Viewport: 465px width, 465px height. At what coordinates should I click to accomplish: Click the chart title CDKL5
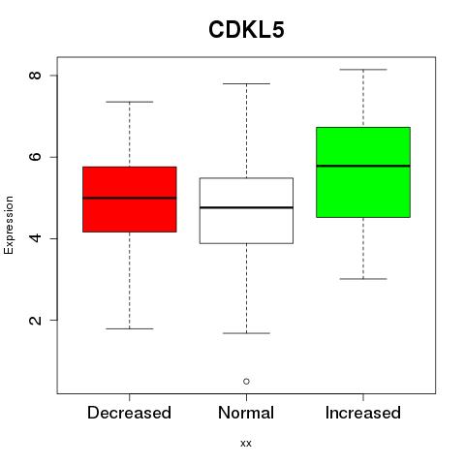[x=246, y=30]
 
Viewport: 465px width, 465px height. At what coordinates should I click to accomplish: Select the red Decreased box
[x=130, y=200]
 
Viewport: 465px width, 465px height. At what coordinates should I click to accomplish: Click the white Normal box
[x=246, y=210]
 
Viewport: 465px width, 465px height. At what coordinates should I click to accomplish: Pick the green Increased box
[x=363, y=172]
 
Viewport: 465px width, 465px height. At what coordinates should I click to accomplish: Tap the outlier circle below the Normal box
[x=246, y=382]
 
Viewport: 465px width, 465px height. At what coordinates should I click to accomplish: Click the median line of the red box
[x=130, y=198]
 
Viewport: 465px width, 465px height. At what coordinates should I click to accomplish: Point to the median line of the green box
[x=363, y=166]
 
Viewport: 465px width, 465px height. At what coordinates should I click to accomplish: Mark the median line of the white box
[x=246, y=207]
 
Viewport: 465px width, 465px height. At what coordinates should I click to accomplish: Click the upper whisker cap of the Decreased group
[x=130, y=102]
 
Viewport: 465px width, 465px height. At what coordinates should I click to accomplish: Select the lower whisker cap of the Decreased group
[x=130, y=328]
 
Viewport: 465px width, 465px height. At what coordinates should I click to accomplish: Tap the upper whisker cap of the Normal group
[x=246, y=83]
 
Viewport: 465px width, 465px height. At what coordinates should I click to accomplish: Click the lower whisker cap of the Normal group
[x=246, y=333]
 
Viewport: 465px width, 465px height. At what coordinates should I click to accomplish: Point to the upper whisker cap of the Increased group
[x=363, y=70]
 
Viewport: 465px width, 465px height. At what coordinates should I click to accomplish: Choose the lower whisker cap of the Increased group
[x=363, y=279]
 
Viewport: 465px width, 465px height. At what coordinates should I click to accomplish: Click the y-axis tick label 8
[x=35, y=76]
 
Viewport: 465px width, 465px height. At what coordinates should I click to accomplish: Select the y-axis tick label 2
[x=35, y=321]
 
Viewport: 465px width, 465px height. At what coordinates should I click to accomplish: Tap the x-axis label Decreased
[x=129, y=413]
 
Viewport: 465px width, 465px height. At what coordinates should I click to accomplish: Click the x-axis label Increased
[x=363, y=413]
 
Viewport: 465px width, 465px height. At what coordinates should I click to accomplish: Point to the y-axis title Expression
[x=9, y=225]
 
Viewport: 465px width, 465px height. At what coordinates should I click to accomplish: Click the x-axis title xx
[x=246, y=444]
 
